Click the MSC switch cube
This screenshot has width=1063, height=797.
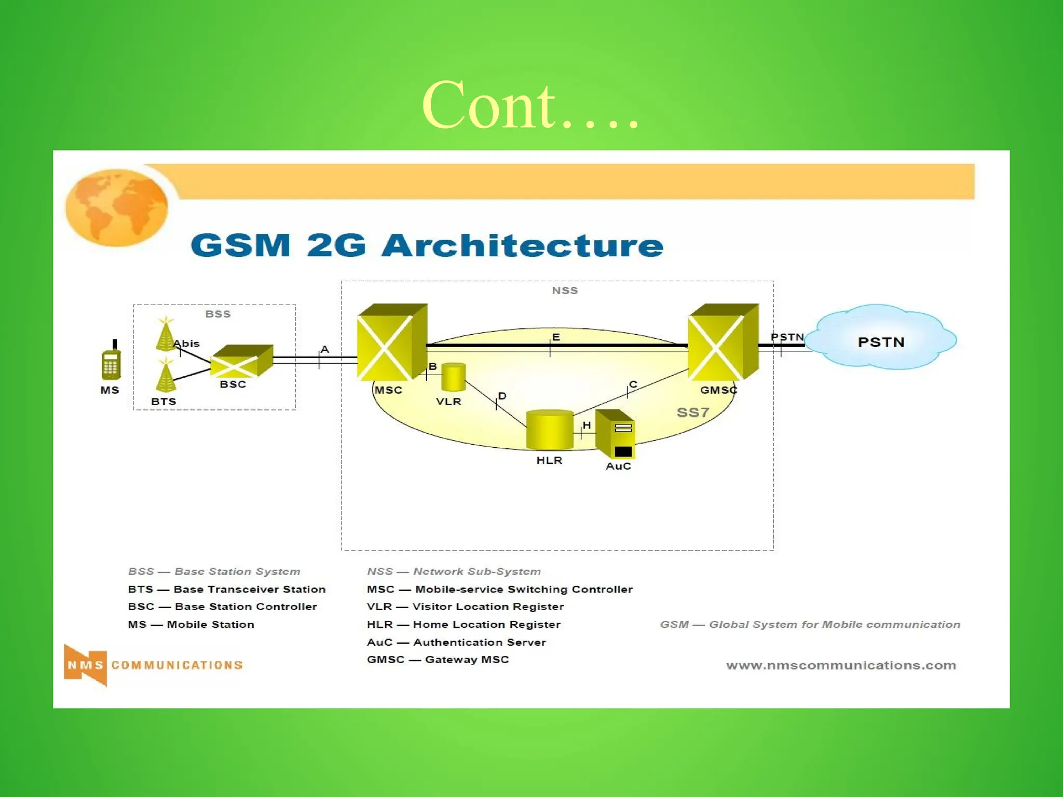point(391,342)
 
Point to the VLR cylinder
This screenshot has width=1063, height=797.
point(453,377)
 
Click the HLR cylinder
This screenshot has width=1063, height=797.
point(550,430)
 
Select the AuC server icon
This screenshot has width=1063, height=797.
point(616,435)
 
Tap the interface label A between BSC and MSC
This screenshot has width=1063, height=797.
point(325,349)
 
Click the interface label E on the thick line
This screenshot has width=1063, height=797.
point(556,337)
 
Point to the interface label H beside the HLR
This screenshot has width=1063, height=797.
point(587,425)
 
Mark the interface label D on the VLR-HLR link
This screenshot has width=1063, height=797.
point(502,396)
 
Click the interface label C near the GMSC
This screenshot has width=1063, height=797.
point(633,384)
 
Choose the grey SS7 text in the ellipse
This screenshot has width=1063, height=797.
point(692,413)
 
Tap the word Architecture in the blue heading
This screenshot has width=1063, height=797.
point(522,245)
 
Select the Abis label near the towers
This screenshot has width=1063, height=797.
point(186,343)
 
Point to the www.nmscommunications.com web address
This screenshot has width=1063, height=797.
point(841,665)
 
